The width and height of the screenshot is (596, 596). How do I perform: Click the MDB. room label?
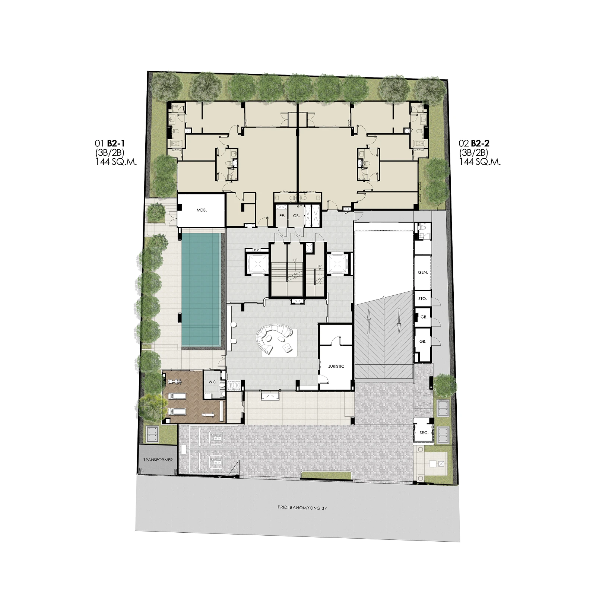pyautogui.click(x=202, y=210)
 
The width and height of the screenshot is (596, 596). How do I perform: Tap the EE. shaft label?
pyautogui.click(x=282, y=216)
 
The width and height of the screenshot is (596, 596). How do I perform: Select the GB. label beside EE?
pyautogui.click(x=297, y=216)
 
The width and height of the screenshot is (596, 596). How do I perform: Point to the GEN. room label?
pyautogui.click(x=423, y=272)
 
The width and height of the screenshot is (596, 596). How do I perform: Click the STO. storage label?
pyautogui.click(x=422, y=299)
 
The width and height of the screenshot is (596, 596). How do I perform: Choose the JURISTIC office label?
pyautogui.click(x=336, y=366)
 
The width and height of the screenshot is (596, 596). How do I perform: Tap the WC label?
pyautogui.click(x=212, y=382)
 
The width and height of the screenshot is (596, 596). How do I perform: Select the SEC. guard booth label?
pyautogui.click(x=424, y=433)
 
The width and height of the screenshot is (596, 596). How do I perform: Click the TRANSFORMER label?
pyautogui.click(x=158, y=460)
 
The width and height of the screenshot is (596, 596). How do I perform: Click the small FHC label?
pyautogui.click(x=256, y=250)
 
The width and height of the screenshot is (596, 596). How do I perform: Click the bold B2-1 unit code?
pyautogui.click(x=116, y=143)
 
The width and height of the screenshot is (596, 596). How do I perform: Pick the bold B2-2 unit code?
pyautogui.click(x=480, y=143)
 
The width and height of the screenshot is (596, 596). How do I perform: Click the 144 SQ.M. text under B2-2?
pyautogui.click(x=480, y=162)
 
